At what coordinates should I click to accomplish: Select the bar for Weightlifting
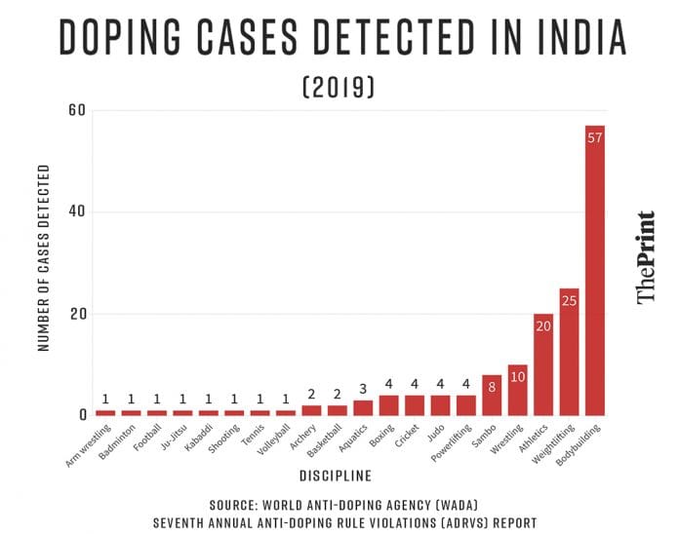[x=570, y=351]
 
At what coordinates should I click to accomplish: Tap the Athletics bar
[x=543, y=364]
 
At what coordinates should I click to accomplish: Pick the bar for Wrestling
[x=518, y=390]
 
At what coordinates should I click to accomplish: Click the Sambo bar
[x=492, y=395]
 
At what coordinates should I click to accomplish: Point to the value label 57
[x=595, y=136]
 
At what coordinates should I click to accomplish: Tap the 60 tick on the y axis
[x=78, y=111]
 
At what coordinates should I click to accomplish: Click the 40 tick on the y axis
[x=78, y=212]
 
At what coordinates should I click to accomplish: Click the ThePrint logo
[x=646, y=257]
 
